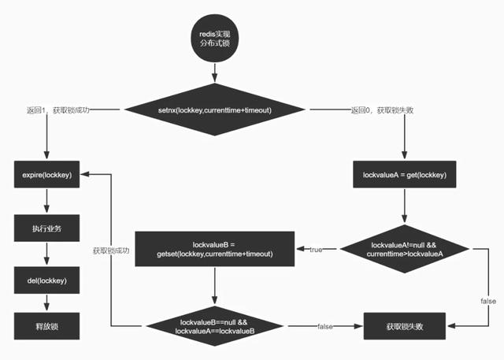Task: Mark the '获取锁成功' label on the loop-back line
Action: (x=110, y=251)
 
